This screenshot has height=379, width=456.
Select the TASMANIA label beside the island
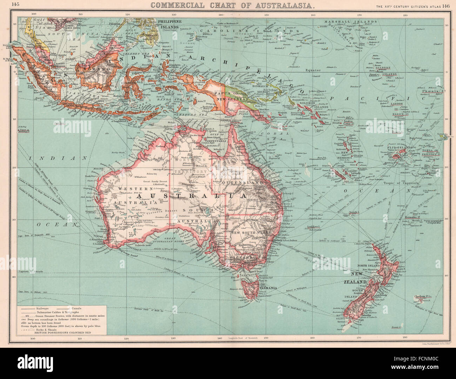(268, 288)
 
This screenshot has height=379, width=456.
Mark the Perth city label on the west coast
(103, 230)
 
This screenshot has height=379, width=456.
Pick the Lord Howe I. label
(314, 227)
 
